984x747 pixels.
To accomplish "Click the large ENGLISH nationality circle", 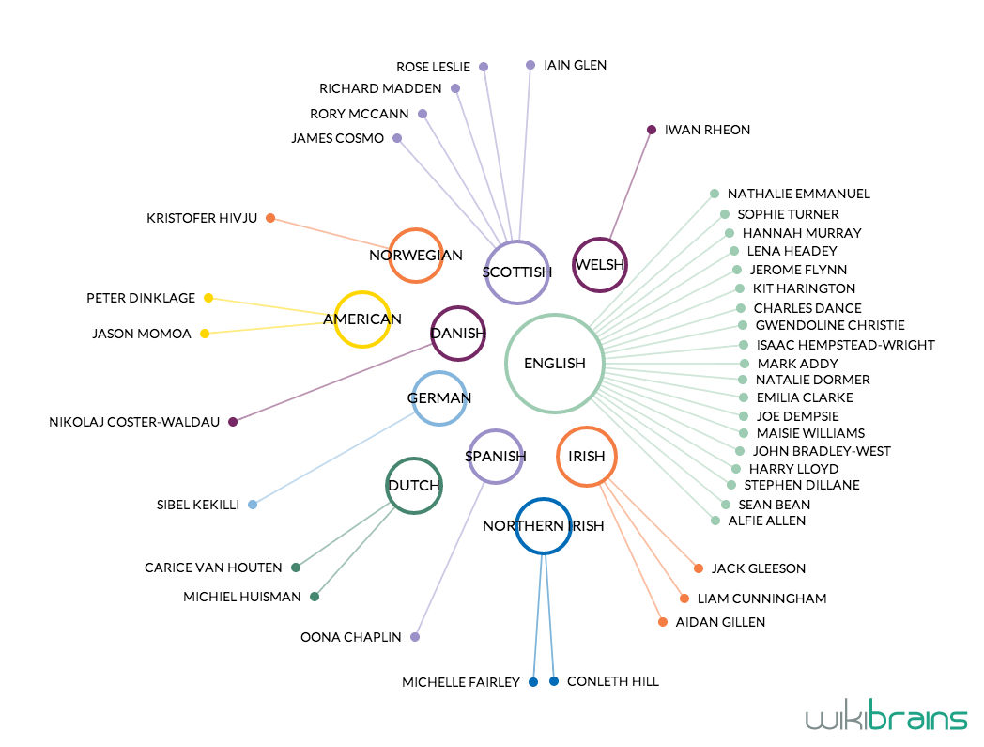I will (554, 364).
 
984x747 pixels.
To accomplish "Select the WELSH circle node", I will (599, 265).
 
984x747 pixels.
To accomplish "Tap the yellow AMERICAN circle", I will (362, 319).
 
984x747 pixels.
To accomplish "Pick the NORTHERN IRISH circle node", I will (543, 525).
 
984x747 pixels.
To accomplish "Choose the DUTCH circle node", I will (414, 486).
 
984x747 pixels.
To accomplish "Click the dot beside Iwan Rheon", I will (652, 130).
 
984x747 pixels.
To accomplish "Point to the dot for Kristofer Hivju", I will (270, 218).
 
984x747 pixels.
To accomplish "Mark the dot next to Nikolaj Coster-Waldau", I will (233, 422).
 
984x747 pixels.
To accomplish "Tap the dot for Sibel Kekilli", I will (253, 505).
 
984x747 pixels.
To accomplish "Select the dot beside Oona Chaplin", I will (415, 637).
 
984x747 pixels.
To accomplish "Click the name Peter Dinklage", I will (141, 298).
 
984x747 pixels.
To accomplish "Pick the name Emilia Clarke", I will (791, 397).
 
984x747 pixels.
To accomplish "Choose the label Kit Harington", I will (804, 288).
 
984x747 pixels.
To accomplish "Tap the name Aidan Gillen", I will (720, 622).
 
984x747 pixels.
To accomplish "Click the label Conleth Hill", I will (612, 681).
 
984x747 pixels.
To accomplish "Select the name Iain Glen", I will (575, 65).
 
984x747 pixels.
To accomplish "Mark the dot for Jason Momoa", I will (205, 334).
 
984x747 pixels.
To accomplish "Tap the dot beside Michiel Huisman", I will (315, 597).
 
